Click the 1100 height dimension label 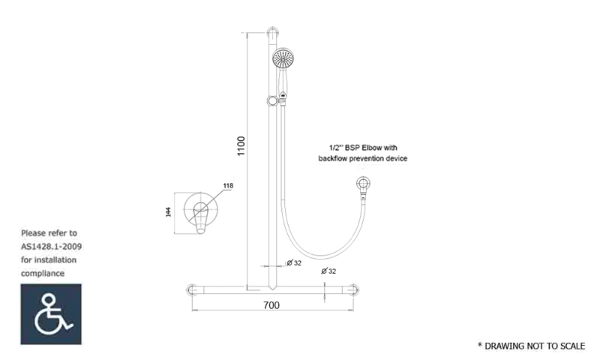241,145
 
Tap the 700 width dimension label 271,305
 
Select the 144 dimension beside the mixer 168,212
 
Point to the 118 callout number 228,185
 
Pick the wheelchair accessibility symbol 51,314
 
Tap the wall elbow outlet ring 363,184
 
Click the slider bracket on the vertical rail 272,101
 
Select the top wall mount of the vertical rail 272,33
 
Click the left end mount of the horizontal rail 191,290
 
